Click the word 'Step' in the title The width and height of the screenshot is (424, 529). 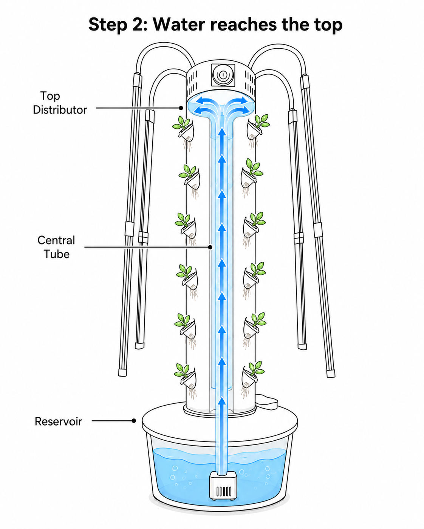tap(108, 25)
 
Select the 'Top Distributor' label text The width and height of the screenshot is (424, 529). tap(60, 103)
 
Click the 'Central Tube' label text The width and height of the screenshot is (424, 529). tap(56, 247)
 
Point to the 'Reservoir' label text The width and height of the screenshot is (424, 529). tap(58, 421)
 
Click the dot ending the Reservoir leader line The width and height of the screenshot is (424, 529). tap(134, 421)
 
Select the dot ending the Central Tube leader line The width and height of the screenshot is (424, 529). tap(210, 247)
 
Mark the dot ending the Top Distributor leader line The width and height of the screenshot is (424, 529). tap(181, 108)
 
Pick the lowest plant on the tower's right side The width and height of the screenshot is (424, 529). tap(252, 379)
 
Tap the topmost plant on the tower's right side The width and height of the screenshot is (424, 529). tap(257, 130)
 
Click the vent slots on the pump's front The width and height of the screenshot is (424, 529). tap(224, 491)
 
